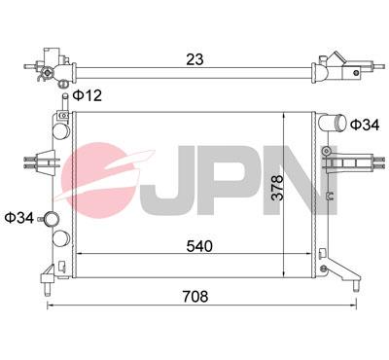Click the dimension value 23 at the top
coord(195,60)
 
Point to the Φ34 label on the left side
coord(19,216)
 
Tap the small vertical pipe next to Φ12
coord(65,97)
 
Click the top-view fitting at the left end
coord(50,68)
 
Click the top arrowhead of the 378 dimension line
coord(281,114)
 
